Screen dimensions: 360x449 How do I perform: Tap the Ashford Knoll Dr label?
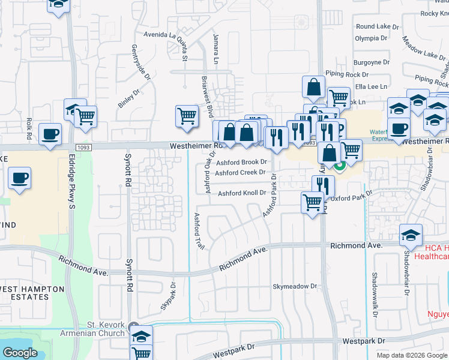241,193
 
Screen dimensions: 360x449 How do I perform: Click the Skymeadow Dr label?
294,287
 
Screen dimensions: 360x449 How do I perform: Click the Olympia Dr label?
371,38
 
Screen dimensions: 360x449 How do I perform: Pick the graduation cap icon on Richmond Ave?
411,234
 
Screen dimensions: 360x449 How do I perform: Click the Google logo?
19,353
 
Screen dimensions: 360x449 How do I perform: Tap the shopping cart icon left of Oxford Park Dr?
312,203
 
